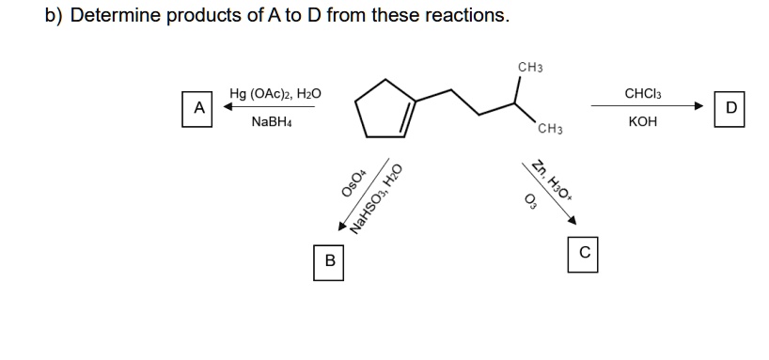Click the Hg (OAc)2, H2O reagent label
[275, 93]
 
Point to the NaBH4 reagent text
[272, 121]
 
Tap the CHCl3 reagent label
[643, 93]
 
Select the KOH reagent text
[642, 121]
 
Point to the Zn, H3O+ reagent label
[553, 180]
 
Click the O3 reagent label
[530, 201]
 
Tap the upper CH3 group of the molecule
[530, 67]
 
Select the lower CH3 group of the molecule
[550, 130]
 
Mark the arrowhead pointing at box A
[228, 106]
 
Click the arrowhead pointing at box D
[698, 106]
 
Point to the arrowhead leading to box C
[572, 220]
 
